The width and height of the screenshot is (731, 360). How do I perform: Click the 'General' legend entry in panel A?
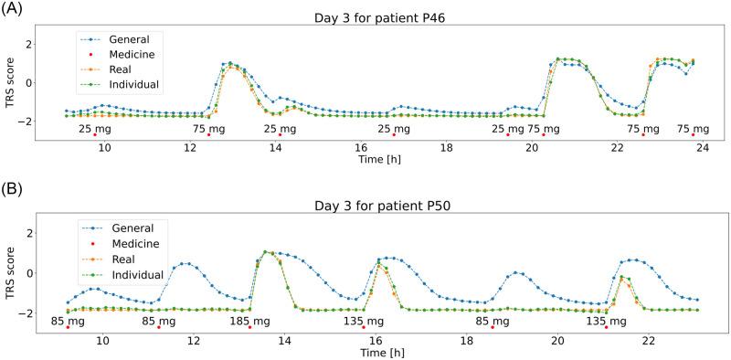(x=128, y=38)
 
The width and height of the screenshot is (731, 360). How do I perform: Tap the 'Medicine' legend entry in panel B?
(x=134, y=242)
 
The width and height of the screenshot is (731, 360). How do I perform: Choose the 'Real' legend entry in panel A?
(x=122, y=69)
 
